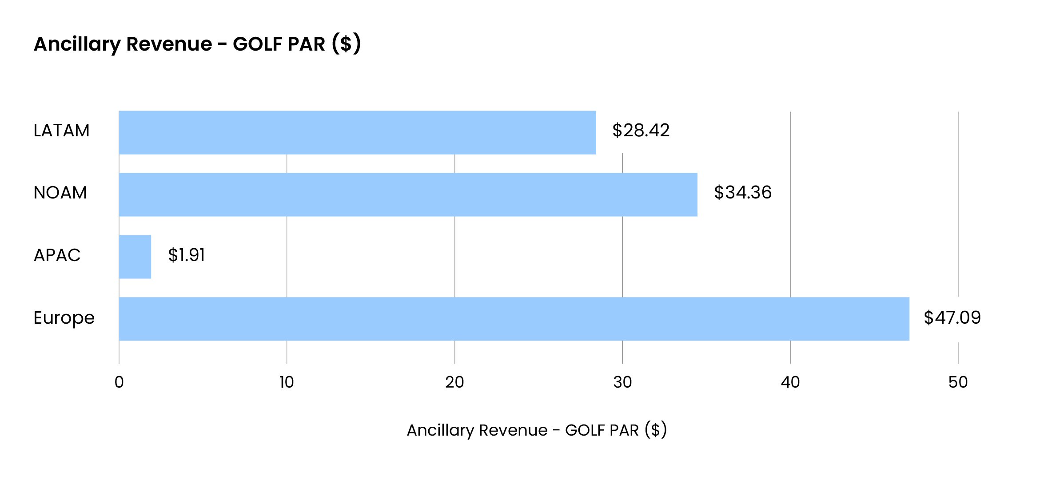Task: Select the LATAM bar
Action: click(357, 132)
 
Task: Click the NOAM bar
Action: click(408, 194)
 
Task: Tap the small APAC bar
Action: click(135, 257)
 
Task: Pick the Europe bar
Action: click(514, 319)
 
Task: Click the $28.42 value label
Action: click(641, 131)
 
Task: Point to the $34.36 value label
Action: click(742, 193)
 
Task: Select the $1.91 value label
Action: click(187, 255)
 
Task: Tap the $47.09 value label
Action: click(952, 317)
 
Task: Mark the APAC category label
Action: click(57, 255)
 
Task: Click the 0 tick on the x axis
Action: click(119, 382)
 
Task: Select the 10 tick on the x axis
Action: click(287, 382)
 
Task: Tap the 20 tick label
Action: click(454, 382)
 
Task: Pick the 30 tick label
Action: click(622, 382)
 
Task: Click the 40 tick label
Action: click(790, 382)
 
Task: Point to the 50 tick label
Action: click(958, 382)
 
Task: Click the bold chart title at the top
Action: click(197, 44)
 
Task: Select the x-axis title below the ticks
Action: click(537, 430)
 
